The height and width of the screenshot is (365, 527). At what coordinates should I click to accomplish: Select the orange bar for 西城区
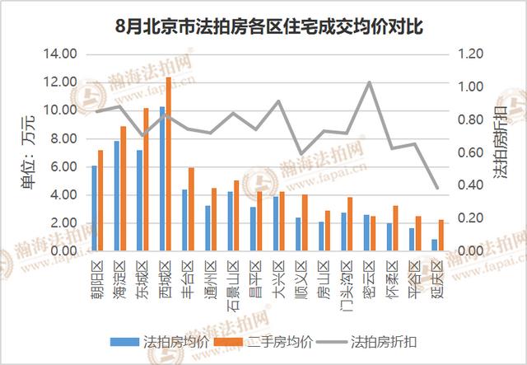pos(169,165)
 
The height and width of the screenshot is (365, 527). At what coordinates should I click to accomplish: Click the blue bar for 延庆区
pos(434,246)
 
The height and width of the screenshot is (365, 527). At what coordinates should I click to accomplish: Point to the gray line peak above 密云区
pos(369,82)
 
